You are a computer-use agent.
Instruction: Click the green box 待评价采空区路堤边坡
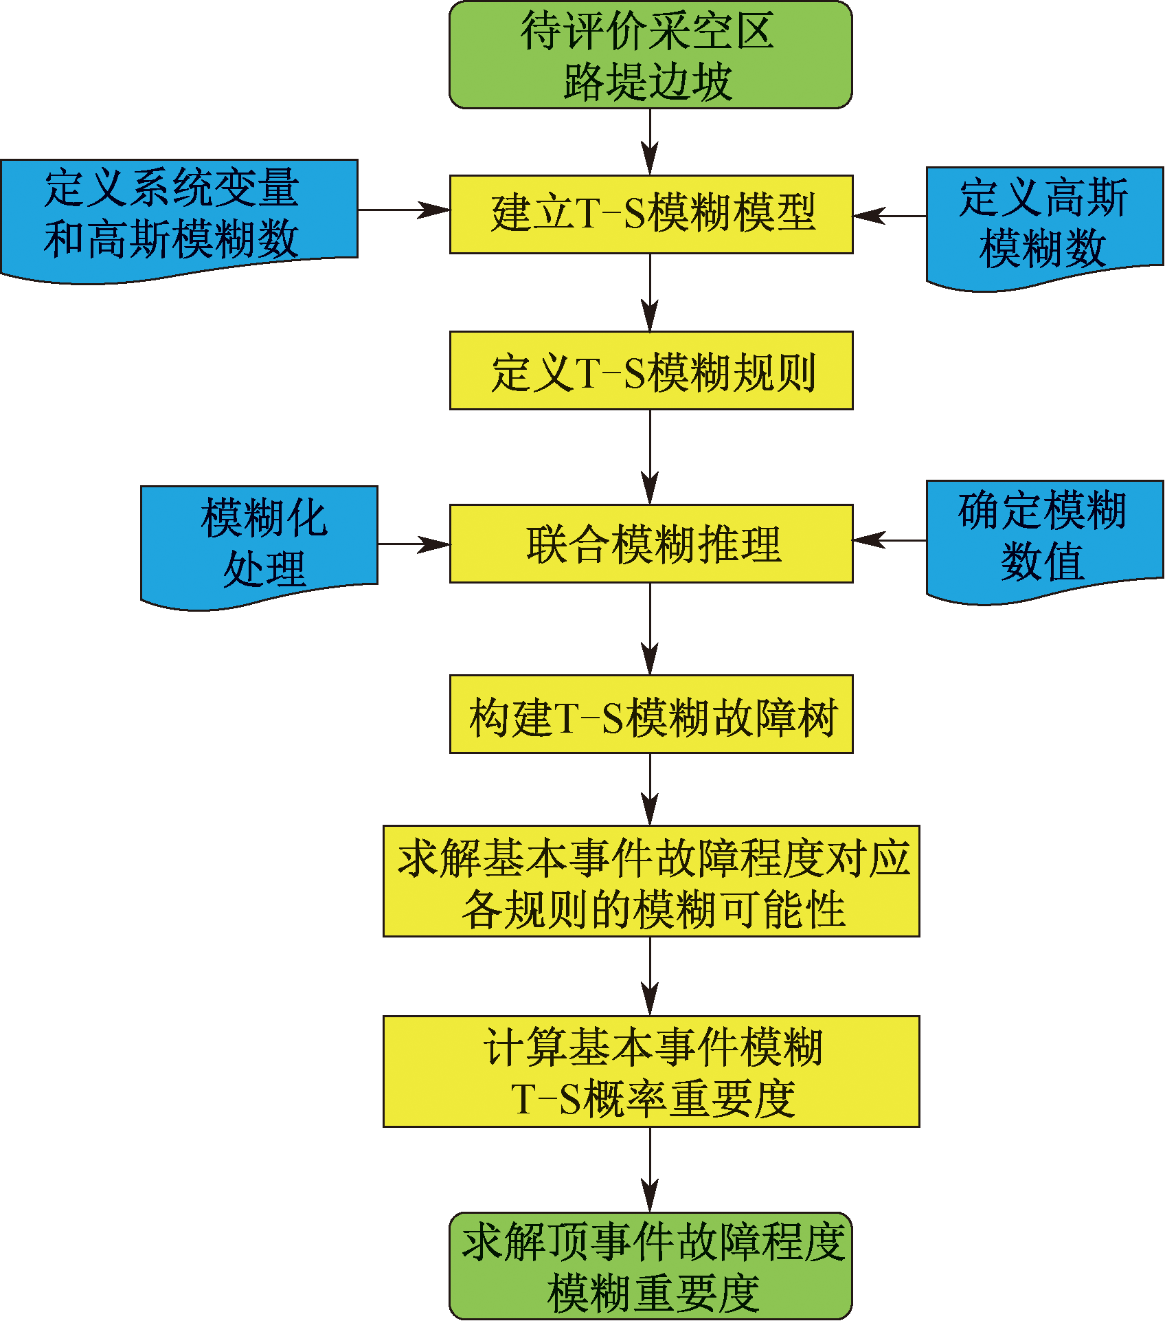pyautogui.click(x=651, y=55)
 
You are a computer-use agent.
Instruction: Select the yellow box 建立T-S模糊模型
pyautogui.click(x=651, y=214)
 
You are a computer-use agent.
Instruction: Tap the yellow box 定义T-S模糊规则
pyautogui.click(x=651, y=370)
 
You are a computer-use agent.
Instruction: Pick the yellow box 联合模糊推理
pyautogui.click(x=651, y=544)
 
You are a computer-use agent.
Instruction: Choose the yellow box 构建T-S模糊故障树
pyautogui.click(x=651, y=714)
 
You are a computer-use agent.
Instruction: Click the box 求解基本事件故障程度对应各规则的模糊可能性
pyautogui.click(x=651, y=881)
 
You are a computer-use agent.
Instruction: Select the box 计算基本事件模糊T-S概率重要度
pyautogui.click(x=651, y=1072)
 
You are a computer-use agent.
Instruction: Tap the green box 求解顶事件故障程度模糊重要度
pyautogui.click(x=651, y=1265)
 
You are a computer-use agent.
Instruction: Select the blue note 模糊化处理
pyautogui.click(x=259, y=543)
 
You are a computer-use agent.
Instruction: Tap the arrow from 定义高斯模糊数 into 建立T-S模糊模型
pyautogui.click(x=890, y=216)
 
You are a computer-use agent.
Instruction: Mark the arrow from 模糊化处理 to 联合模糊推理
pyautogui.click(x=414, y=544)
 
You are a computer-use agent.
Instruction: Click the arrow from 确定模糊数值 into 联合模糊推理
pyautogui.click(x=890, y=540)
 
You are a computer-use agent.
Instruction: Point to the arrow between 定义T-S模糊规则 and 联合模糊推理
pyautogui.click(x=650, y=457)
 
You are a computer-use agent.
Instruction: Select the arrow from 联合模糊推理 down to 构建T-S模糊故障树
pyautogui.click(x=650, y=629)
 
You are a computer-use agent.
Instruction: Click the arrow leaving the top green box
pyautogui.click(x=650, y=142)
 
